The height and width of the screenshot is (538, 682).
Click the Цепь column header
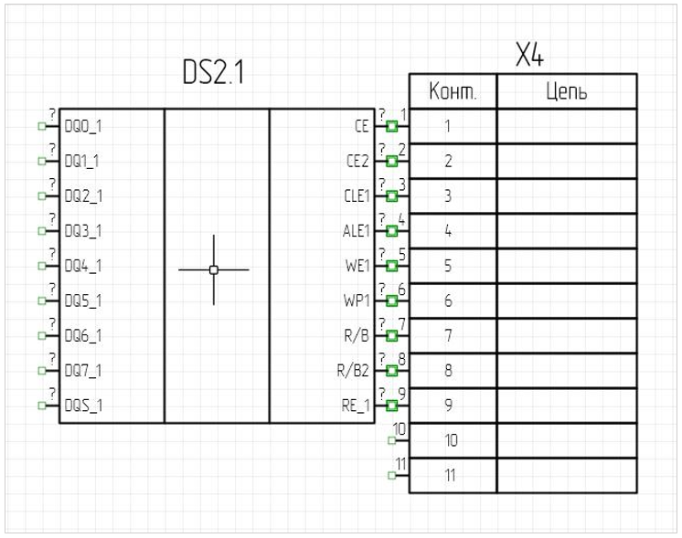tap(566, 92)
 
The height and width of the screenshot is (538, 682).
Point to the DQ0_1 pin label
tap(83, 126)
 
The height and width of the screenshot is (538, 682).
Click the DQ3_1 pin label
tap(83, 231)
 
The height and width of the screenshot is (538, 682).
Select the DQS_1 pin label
tap(83, 406)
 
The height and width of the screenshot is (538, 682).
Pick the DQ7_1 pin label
tap(83, 371)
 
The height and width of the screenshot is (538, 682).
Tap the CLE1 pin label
tap(355, 196)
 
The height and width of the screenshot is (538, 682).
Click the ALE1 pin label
tap(355, 231)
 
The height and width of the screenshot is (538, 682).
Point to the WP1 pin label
tap(357, 301)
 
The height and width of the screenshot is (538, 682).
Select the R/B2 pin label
tap(354, 371)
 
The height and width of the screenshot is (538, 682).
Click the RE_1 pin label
tap(355, 406)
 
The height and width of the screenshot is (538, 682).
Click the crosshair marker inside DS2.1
tap(214, 269)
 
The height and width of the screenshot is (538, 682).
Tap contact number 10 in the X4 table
tap(449, 440)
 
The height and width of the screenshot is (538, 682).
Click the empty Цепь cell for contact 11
tap(566, 475)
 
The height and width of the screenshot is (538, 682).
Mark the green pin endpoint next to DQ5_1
tap(41, 301)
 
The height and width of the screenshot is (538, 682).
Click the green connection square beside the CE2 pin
tap(392, 161)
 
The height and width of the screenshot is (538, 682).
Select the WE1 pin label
tap(357, 266)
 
